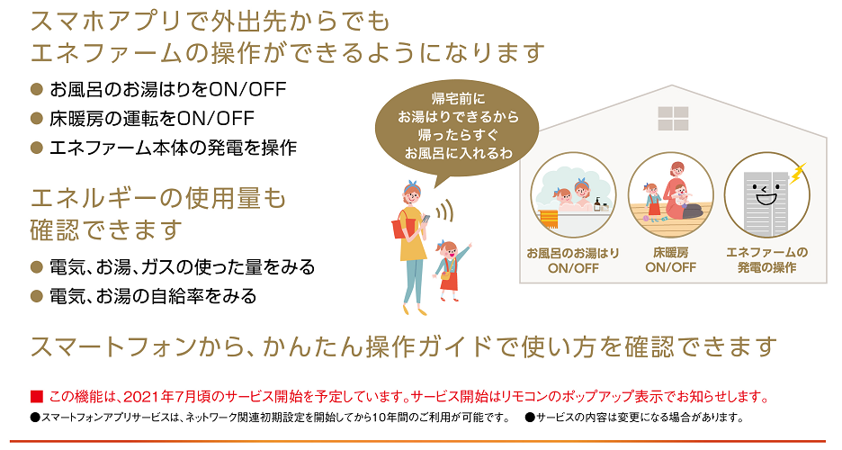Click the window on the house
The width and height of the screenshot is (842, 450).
(x=673, y=118)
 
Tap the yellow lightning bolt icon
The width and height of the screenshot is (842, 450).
(x=798, y=173)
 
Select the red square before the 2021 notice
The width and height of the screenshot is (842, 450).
(x=37, y=397)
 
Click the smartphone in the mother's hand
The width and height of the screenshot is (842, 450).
(x=425, y=219)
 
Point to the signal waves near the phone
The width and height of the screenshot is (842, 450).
(x=444, y=211)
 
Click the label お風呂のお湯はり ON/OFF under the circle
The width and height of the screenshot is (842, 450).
(x=573, y=260)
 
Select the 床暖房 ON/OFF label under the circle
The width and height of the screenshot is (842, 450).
(x=671, y=260)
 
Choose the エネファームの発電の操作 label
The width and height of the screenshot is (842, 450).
(x=766, y=260)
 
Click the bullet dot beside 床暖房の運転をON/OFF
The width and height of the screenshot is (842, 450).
(x=37, y=119)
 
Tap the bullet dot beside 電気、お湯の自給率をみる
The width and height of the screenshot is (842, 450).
(x=37, y=296)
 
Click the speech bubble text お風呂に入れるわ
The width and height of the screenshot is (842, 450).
(x=459, y=154)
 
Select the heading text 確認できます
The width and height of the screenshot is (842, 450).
(x=107, y=229)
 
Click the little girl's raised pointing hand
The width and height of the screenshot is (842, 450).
(x=470, y=246)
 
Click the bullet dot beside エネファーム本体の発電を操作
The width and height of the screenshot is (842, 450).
(x=37, y=148)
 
